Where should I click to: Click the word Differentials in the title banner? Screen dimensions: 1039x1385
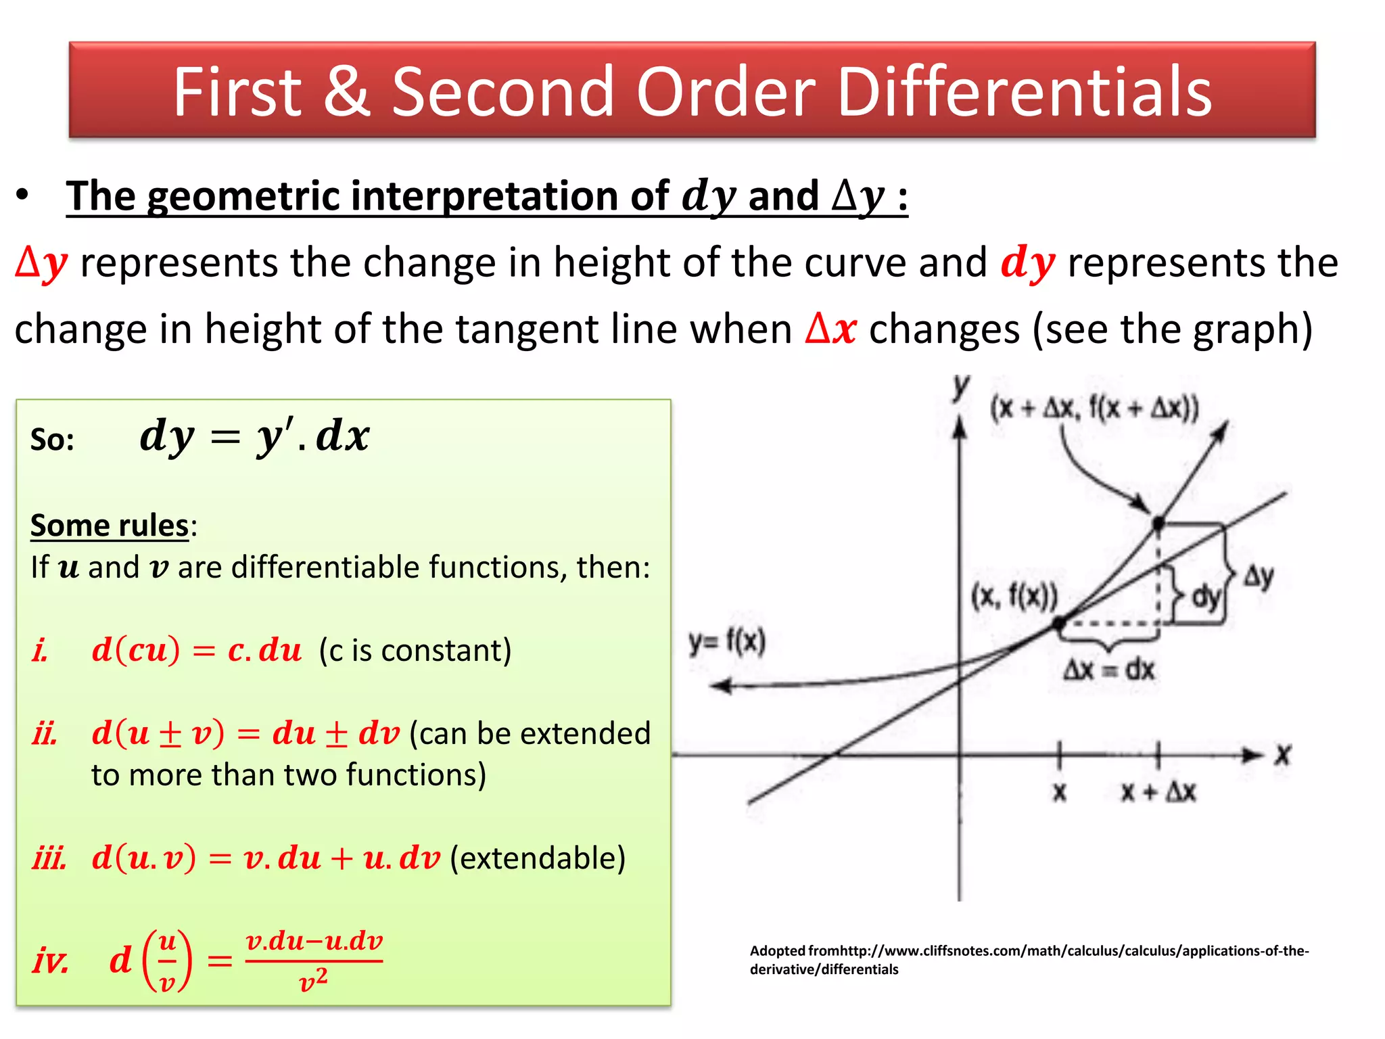pos(1024,92)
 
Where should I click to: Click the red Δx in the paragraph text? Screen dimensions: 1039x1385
pos(831,329)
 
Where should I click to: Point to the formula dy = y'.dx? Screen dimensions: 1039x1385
pos(254,436)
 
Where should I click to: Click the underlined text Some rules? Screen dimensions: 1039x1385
pos(110,526)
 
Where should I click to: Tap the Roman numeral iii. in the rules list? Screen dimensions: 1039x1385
pos(49,858)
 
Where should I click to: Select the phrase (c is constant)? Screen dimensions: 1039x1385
pos(415,651)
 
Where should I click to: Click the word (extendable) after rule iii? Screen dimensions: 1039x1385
pos(538,858)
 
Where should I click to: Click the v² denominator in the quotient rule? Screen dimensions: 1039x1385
pos(313,979)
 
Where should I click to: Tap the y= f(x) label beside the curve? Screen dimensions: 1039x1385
pos(727,641)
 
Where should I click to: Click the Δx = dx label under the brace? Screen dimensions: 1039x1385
pos(1109,670)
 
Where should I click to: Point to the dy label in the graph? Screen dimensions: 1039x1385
pos(1205,597)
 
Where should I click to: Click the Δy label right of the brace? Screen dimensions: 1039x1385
pos(1259,576)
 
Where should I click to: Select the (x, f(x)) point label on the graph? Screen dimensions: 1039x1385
pos(1014,597)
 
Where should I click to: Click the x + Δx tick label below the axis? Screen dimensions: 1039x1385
pos(1158,791)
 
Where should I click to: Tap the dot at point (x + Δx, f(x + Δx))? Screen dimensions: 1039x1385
pos(1158,523)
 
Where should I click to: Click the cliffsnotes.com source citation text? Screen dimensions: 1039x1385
pos(1029,959)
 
